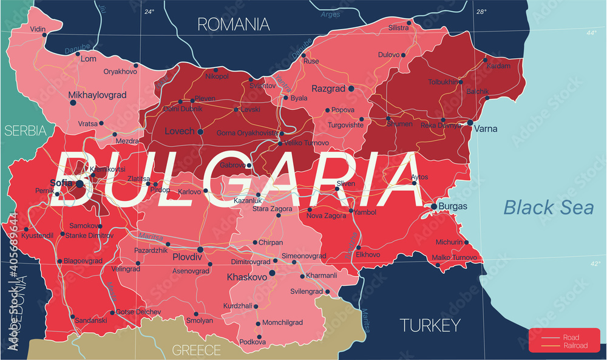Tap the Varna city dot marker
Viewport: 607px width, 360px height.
coord(470,122)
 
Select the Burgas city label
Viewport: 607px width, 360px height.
coord(453,206)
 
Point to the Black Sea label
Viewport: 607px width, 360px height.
coord(549,208)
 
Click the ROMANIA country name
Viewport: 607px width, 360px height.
coord(234,24)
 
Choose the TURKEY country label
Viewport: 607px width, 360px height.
coord(430,325)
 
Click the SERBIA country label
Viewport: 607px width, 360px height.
coord(24,131)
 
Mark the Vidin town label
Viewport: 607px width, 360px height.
coord(38,29)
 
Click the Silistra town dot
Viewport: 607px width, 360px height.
coord(409,23)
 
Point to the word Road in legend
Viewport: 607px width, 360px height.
coord(571,338)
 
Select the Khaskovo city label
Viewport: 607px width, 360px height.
coord(246,277)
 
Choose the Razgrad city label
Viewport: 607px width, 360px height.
coord(328,89)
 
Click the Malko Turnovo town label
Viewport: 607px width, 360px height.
coord(454,258)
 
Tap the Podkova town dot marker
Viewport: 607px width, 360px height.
coord(259,336)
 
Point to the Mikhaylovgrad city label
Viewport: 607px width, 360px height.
coord(97,95)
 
